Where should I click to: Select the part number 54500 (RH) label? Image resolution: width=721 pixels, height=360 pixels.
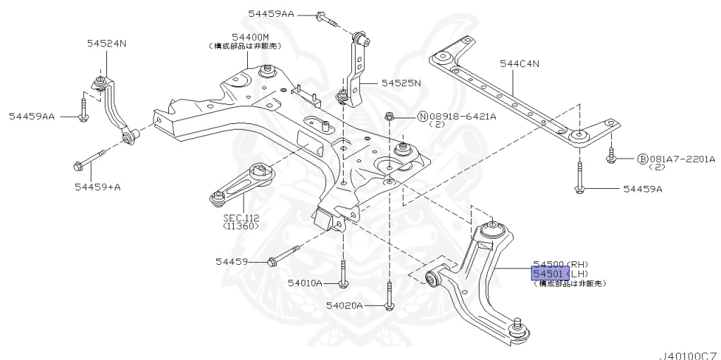click(560, 263)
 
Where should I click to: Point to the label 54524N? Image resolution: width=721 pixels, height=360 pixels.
click(106, 44)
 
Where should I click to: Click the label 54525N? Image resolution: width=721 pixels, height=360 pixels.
click(401, 82)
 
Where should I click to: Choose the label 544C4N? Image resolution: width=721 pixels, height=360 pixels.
click(520, 64)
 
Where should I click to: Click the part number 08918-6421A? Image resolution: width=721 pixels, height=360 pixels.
click(462, 116)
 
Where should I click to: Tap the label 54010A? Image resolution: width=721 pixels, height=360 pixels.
click(304, 283)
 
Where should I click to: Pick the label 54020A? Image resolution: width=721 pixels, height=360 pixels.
click(344, 306)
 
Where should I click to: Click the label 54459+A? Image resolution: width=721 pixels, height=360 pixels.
click(96, 187)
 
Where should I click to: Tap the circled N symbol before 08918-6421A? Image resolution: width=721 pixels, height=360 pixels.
click(423, 116)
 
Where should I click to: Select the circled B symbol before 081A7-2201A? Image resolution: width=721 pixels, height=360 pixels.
click(642, 160)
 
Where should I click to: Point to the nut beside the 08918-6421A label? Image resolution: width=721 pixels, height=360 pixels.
click(389, 116)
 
